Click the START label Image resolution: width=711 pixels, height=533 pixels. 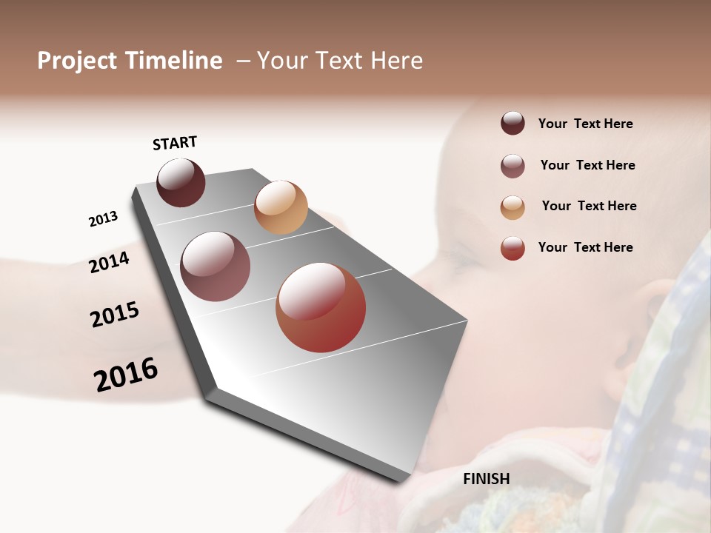175,143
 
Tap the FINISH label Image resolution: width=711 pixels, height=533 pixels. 487,479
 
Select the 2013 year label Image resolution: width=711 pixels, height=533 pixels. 104,219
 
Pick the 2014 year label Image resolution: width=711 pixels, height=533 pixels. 110,262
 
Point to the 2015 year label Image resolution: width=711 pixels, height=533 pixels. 115,315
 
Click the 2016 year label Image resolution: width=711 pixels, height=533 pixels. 126,374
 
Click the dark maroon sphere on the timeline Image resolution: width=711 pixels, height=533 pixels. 181,182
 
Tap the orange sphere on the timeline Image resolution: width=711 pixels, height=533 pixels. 281,207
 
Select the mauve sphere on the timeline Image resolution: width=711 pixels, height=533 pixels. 216,266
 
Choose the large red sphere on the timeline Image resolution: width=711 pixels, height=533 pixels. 321,307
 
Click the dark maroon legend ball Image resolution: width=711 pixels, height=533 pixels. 513,124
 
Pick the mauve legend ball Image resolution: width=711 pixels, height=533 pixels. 513,166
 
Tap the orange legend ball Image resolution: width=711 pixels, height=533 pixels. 513,207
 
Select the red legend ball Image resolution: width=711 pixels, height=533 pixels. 513,248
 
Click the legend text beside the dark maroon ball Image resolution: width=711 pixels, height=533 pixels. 585,124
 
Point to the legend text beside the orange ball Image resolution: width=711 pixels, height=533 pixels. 589,206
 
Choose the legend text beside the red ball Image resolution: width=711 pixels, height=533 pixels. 585,247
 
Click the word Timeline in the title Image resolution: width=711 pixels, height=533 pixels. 173,61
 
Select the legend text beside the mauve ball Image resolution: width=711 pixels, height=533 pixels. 587,165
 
